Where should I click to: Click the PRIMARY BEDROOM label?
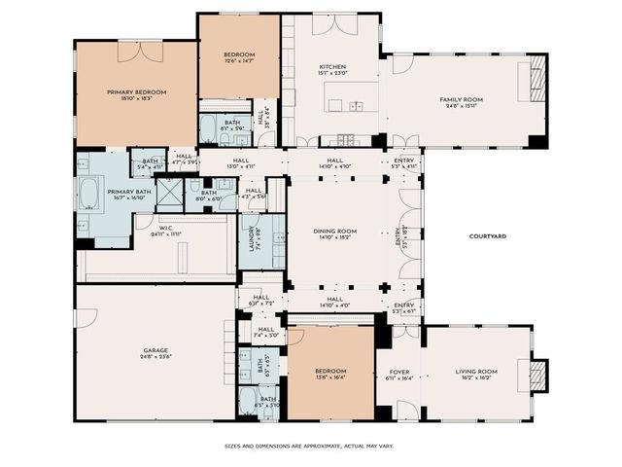coord(136,91)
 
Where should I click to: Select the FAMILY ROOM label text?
coord(461,99)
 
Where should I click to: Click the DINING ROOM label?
coord(334,231)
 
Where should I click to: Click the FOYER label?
coord(399,371)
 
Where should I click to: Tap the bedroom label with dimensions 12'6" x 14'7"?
coord(239,54)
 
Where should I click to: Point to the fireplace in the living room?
coord(530,371)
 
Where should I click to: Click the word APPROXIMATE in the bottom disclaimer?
coord(315,446)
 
